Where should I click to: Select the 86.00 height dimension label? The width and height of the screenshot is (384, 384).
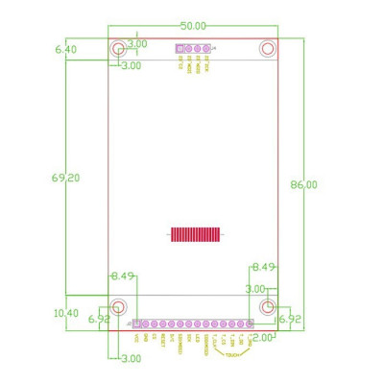(303, 184)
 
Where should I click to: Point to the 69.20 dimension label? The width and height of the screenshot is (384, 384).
(65, 178)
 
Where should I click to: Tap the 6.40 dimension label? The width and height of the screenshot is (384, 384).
(65, 48)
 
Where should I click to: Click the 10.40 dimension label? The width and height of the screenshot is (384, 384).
(66, 313)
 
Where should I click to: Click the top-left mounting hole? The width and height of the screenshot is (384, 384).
(118, 48)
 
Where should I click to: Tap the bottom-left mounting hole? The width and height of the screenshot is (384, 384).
(118, 307)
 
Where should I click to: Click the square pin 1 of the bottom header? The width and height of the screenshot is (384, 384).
(136, 324)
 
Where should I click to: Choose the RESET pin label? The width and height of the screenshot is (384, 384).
(162, 340)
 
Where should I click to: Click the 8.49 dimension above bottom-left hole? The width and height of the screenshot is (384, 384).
(122, 276)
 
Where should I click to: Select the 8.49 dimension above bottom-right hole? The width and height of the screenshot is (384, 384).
(264, 267)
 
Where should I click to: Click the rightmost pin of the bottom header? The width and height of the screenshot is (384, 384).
(250, 324)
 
